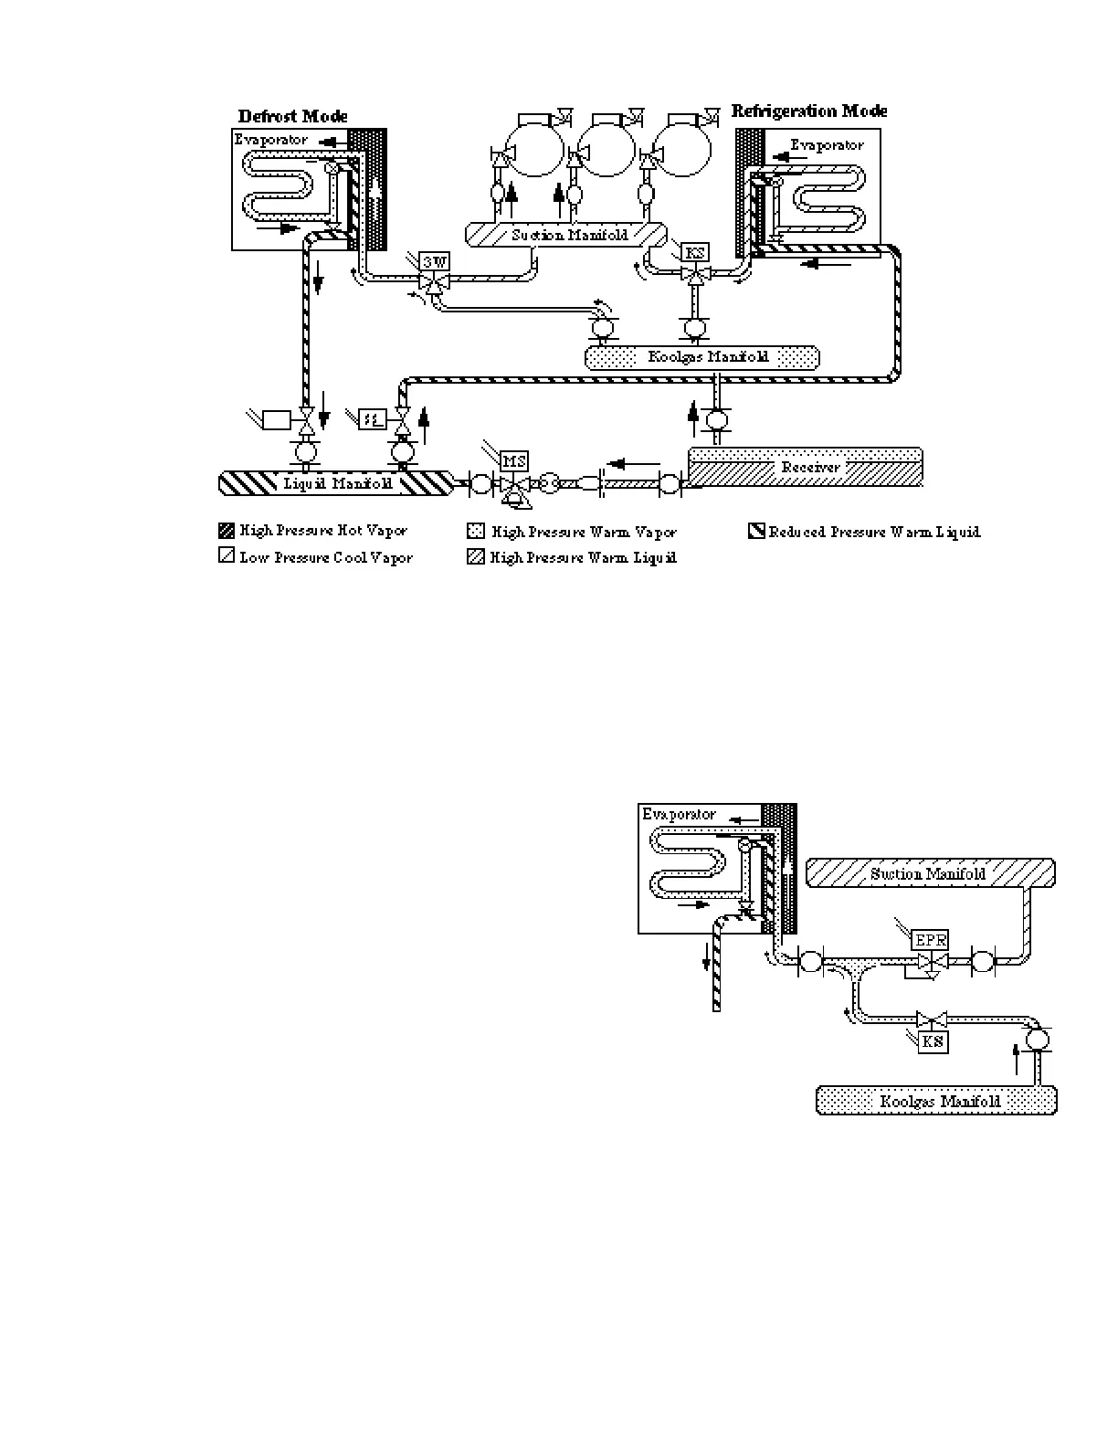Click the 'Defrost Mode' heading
(x=292, y=117)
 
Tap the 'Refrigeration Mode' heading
(x=809, y=111)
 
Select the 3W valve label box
(x=435, y=262)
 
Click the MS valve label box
(x=514, y=462)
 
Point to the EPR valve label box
(x=931, y=939)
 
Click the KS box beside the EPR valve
(x=933, y=1041)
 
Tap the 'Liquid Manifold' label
(x=337, y=483)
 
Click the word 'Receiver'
(x=809, y=468)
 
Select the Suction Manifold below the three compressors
(x=569, y=235)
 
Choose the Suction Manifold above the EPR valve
(x=928, y=874)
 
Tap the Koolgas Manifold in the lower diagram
(x=940, y=1101)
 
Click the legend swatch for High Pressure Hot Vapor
(x=227, y=531)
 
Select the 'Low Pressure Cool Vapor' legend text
(x=326, y=557)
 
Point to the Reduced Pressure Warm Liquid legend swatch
(x=756, y=531)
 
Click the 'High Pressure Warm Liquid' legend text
(x=583, y=557)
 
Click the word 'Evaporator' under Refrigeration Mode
(x=826, y=144)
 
